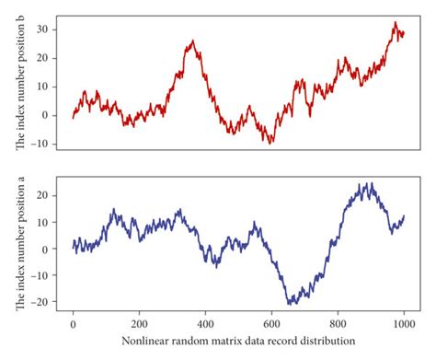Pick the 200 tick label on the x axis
coord(139,325)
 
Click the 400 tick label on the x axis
coord(205,325)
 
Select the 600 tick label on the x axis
coord(271,325)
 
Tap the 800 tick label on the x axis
coord(338,325)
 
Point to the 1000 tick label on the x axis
coord(403,325)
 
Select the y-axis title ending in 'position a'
coord(19,245)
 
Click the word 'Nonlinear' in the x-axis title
coord(143,342)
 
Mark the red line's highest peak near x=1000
coord(395,23)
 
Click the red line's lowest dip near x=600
coord(271,143)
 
